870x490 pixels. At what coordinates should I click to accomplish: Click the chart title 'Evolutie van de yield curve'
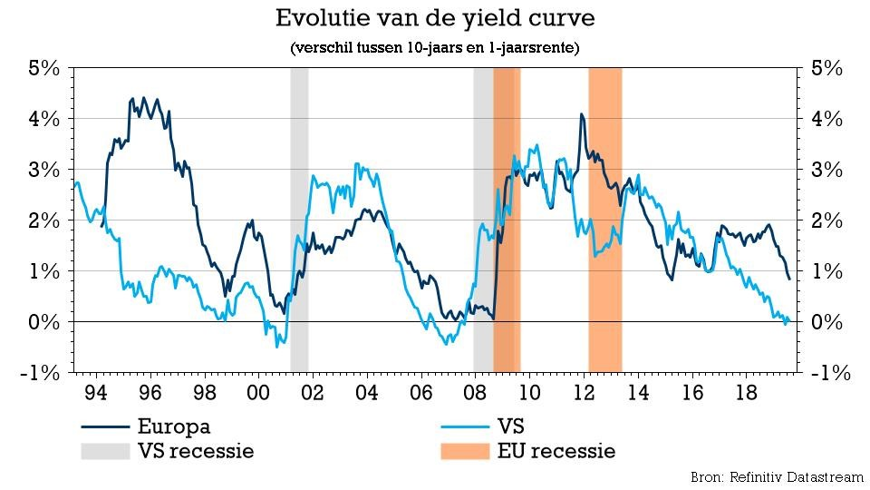click(435, 18)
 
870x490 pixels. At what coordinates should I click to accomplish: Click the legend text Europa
click(175, 426)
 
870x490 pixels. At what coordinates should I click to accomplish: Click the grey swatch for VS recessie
click(105, 451)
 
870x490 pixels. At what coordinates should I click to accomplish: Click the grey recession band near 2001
click(299, 218)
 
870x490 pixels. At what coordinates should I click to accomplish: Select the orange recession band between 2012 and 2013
click(604, 218)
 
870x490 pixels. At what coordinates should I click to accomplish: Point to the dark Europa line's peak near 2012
click(580, 114)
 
